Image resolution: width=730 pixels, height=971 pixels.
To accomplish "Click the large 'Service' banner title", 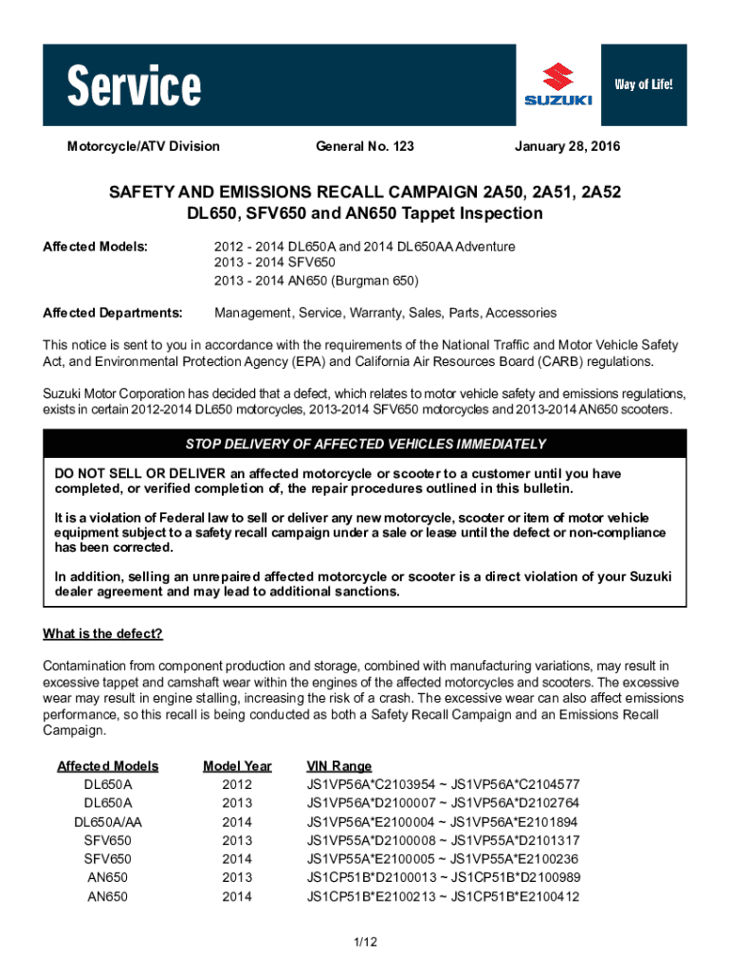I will point(134,87).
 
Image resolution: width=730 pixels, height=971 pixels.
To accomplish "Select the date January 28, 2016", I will point(567,146).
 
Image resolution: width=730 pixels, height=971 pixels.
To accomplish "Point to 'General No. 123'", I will point(364,146).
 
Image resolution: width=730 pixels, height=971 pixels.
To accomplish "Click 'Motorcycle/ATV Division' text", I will point(143,146).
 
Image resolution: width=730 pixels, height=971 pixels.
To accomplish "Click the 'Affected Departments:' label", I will point(113,312).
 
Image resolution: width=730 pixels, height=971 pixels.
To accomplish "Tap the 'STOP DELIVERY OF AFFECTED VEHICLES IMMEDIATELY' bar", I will point(365,444).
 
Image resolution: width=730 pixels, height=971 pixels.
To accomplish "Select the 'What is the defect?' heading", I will point(103,633).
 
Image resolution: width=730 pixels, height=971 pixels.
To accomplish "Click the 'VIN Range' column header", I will point(338,766).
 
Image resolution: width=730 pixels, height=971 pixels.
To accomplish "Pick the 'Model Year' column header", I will point(237,766).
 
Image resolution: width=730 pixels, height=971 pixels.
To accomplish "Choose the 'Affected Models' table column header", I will point(108,766).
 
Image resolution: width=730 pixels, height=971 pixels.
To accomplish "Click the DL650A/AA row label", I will point(108,822).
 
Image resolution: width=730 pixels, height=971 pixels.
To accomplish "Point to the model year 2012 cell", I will point(237,785).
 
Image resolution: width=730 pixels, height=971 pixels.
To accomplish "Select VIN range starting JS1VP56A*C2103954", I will point(443,785).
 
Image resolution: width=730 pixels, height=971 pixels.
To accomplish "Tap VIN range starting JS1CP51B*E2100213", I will point(443,896).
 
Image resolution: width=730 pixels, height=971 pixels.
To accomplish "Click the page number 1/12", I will point(365,942).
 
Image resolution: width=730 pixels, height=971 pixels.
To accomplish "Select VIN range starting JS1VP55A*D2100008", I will point(443,840).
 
